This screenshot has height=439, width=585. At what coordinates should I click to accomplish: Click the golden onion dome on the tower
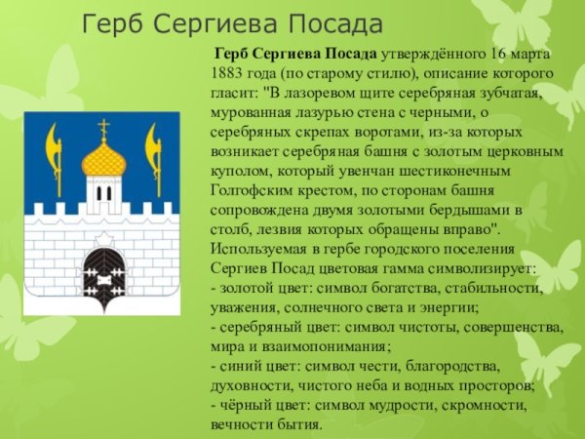[103, 159]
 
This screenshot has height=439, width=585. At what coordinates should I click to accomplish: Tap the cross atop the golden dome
[103, 127]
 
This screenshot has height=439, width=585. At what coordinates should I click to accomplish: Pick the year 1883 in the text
[231, 73]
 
